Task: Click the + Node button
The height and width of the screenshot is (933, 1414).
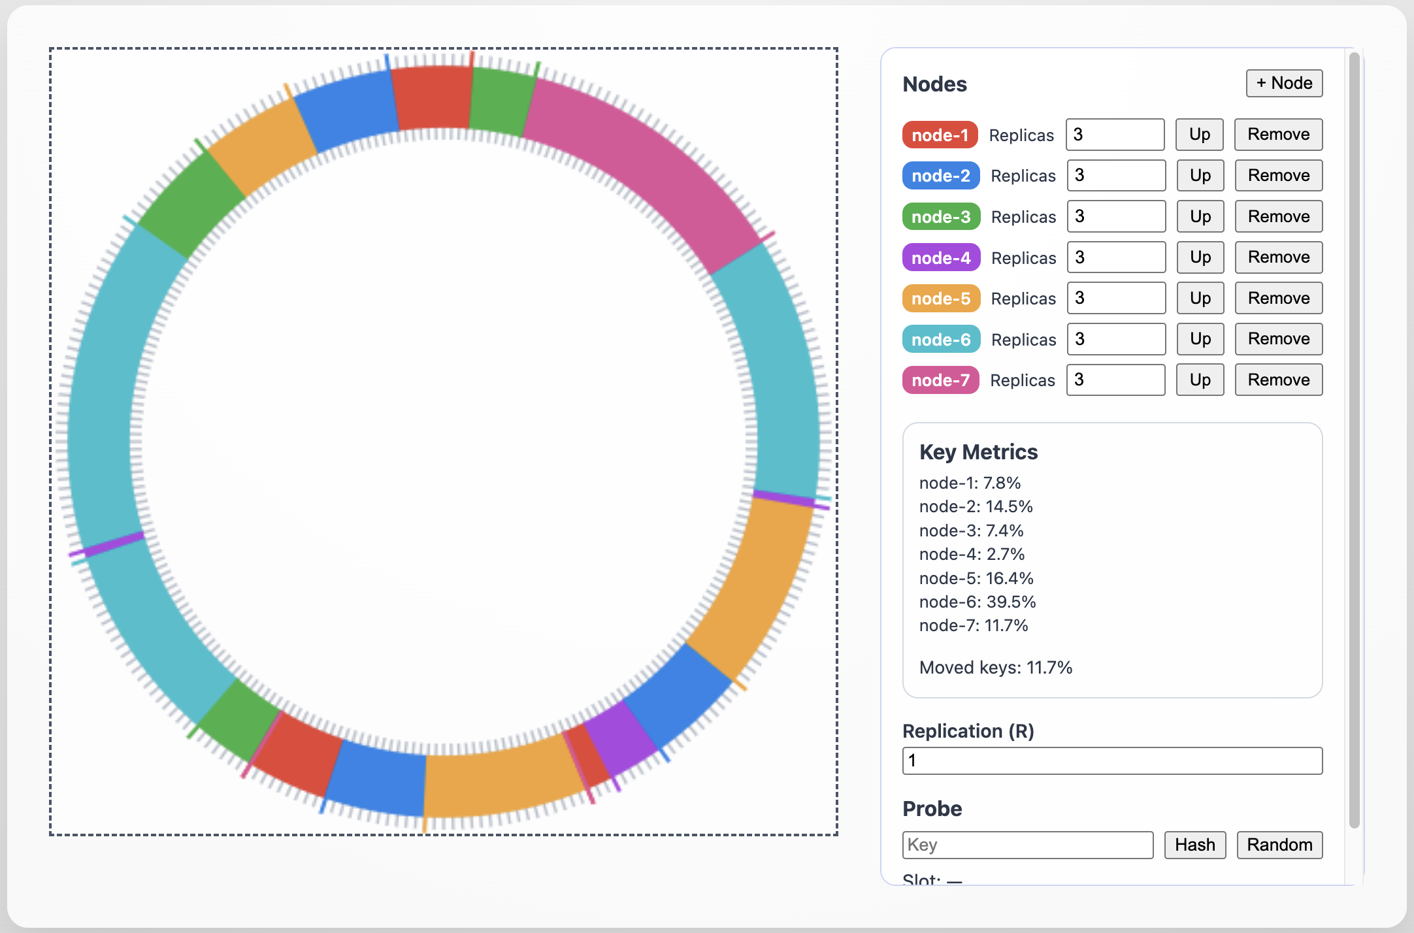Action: (x=1284, y=84)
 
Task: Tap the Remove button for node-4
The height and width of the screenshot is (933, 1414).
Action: (x=1278, y=257)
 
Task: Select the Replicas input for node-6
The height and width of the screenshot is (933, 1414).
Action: (x=1115, y=339)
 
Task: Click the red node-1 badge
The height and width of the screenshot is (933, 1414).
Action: (x=940, y=135)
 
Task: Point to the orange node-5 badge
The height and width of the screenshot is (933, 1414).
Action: (x=941, y=299)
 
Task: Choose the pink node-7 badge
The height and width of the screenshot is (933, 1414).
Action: (x=940, y=380)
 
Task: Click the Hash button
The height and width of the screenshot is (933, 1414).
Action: (x=1194, y=845)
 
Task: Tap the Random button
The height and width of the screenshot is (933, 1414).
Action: (x=1279, y=845)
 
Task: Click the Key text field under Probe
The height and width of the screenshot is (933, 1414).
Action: (x=1027, y=845)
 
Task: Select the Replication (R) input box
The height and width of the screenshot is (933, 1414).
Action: (x=1111, y=761)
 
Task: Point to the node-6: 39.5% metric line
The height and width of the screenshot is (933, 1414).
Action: (x=977, y=602)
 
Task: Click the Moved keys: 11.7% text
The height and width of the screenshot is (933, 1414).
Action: (x=995, y=668)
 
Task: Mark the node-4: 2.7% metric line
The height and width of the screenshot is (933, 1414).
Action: (x=972, y=554)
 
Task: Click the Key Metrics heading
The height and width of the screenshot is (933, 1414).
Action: (x=978, y=452)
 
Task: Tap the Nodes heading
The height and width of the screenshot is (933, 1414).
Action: (x=934, y=84)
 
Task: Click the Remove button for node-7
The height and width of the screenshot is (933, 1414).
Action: (x=1278, y=380)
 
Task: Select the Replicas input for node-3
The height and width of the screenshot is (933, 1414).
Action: (x=1115, y=217)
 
